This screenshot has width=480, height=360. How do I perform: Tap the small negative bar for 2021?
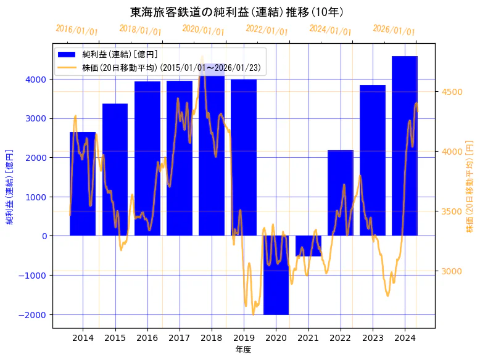point(308,246)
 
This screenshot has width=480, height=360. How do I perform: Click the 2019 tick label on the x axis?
point(244,338)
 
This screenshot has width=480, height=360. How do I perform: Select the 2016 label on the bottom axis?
point(147,338)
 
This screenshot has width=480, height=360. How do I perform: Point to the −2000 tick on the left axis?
point(33,314)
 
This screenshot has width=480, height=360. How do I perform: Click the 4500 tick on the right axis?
point(452,92)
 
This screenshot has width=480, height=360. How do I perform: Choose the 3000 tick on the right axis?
point(452,271)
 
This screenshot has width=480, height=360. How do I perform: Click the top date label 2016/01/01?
point(77,30)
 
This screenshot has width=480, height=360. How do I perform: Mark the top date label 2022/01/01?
point(267,30)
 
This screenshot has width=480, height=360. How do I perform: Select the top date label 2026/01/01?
point(394,30)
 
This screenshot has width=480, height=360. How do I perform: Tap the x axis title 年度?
point(244,350)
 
